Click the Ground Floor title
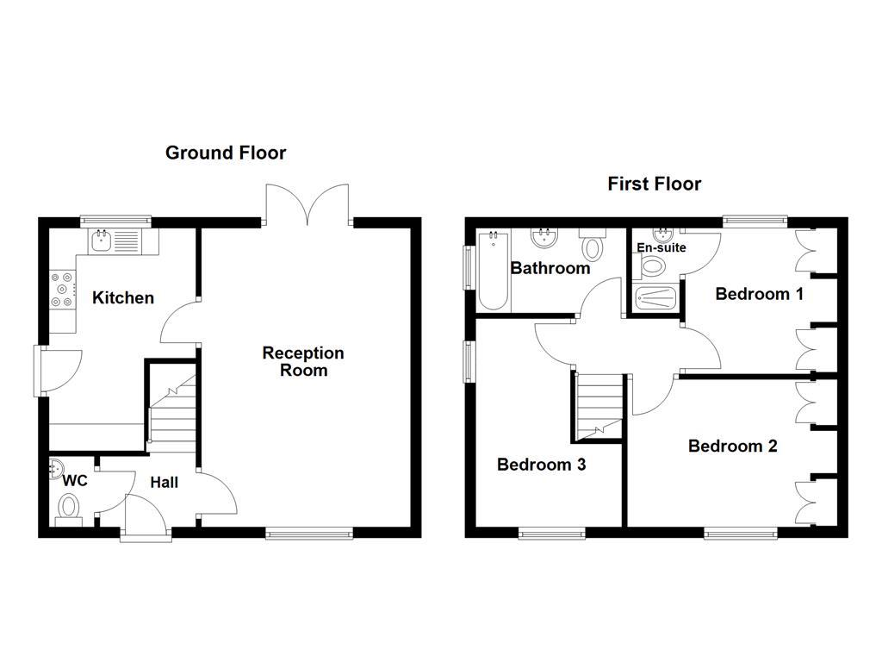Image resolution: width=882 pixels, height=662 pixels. point(226,153)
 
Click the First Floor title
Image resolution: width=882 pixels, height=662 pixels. point(654,184)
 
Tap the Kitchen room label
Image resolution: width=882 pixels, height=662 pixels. point(123,298)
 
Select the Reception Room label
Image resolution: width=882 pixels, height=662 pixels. point(303,362)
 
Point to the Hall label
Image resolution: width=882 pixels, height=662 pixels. point(165,483)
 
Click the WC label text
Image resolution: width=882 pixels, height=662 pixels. point(76,481)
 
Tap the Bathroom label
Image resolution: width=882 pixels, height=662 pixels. point(550,268)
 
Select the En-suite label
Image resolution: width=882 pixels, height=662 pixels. point(661,248)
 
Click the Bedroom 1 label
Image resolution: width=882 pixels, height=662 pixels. point(759,294)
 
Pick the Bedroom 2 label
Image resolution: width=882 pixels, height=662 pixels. point(732,447)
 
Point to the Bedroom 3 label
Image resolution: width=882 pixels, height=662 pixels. point(542,465)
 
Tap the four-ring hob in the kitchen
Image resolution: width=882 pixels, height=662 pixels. point(62,290)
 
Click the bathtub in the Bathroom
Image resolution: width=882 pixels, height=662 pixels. point(493,270)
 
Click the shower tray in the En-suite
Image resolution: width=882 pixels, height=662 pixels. point(656,297)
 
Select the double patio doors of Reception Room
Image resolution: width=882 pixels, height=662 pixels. point(307,205)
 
